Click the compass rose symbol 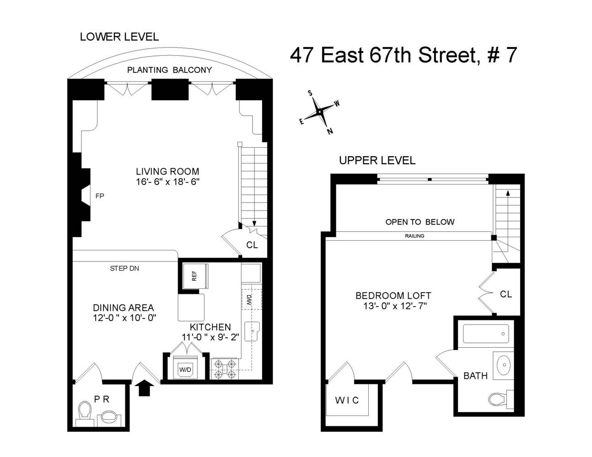(319, 112)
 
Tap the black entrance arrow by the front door (144, 388)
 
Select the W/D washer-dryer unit (185, 369)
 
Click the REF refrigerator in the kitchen (194, 276)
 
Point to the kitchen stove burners (225, 369)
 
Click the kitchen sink (252, 331)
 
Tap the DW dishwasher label (250, 299)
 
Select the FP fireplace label (99, 196)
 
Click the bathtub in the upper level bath (485, 334)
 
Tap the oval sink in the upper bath (505, 365)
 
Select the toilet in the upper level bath (499, 399)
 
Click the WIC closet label (347, 400)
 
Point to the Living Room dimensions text (167, 181)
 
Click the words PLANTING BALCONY (169, 70)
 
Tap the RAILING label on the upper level (414, 236)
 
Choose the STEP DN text (124, 268)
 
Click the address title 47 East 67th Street (403, 55)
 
